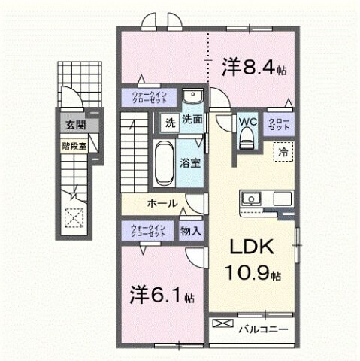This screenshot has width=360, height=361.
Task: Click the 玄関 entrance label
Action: [74, 125]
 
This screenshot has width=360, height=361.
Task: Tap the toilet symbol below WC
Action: [247, 138]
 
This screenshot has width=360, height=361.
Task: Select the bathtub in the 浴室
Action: [164, 160]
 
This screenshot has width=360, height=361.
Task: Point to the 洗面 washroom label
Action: [192, 120]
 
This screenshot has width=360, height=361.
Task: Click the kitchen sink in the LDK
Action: [251, 199]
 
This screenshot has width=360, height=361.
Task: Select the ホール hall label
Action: [163, 203]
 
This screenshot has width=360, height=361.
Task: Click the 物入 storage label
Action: [191, 231]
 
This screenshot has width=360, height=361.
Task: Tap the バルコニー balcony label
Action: [263, 329]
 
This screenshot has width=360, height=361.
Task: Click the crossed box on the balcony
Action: [223, 324]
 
